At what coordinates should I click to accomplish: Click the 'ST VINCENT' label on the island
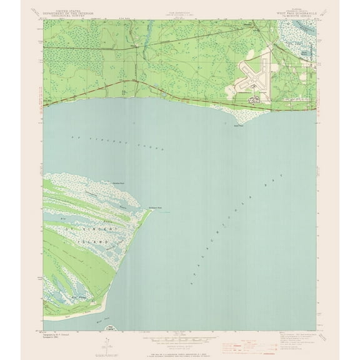pos(84,229)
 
